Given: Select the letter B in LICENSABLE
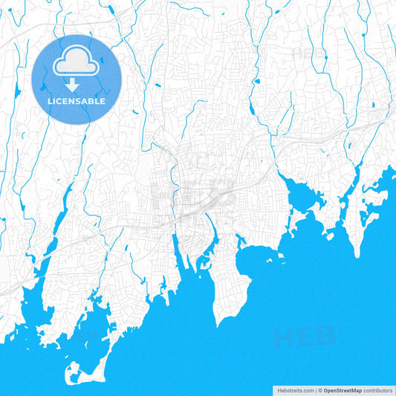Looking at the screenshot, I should pyautogui.click(x=94, y=101).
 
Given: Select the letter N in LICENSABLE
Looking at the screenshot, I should pyautogui.click(x=71, y=101).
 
